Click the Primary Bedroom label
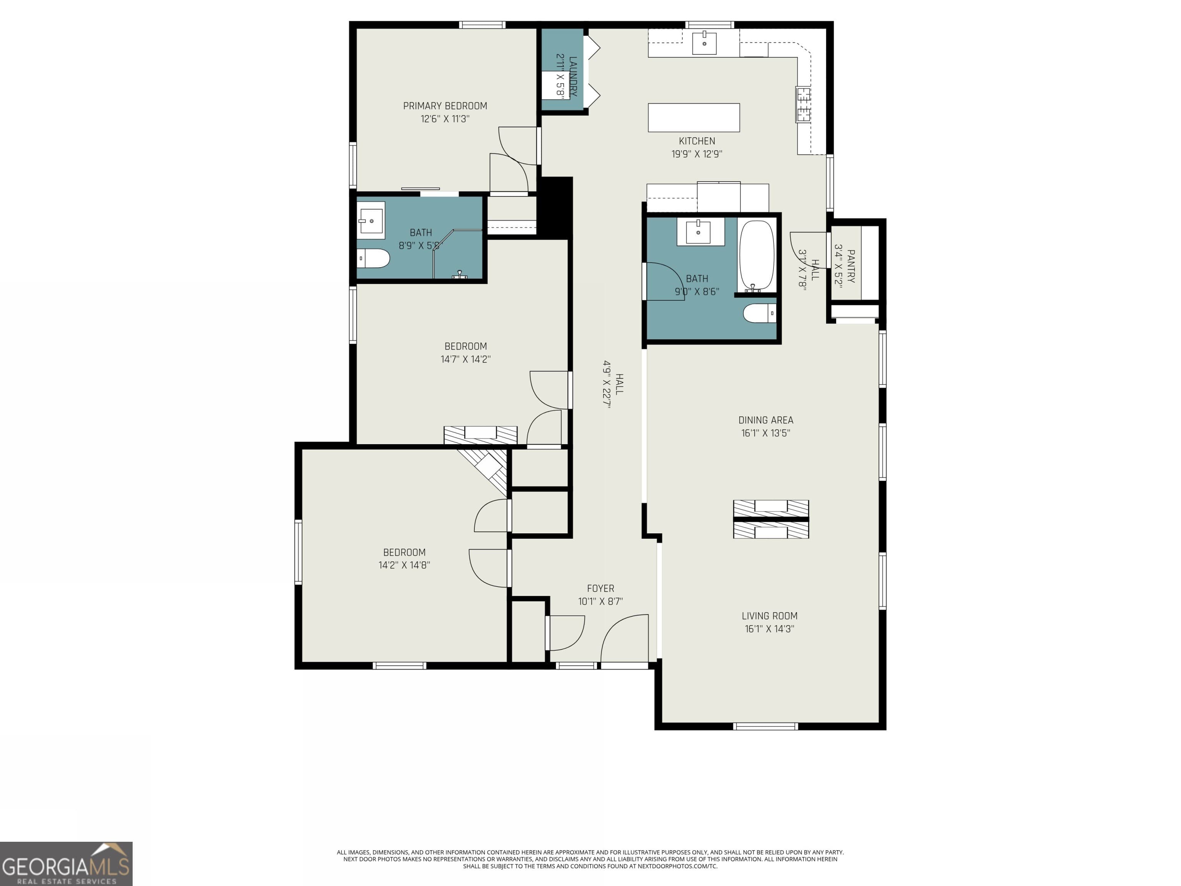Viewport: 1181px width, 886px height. (445, 106)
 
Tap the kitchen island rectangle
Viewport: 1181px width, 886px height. (694, 118)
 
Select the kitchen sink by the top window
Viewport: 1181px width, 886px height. (704, 42)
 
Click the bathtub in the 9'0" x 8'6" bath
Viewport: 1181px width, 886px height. (757, 256)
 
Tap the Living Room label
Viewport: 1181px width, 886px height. (769, 616)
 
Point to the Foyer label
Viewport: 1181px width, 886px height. (600, 588)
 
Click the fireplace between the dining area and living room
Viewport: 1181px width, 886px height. (771, 519)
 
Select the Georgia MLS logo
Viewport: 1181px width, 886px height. (66, 864)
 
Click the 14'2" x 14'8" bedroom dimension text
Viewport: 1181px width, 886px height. (404, 565)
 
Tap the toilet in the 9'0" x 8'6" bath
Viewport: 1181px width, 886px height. (760, 313)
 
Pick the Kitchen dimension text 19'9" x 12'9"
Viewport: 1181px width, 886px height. (697, 154)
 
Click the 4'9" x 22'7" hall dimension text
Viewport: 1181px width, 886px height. (607, 384)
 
